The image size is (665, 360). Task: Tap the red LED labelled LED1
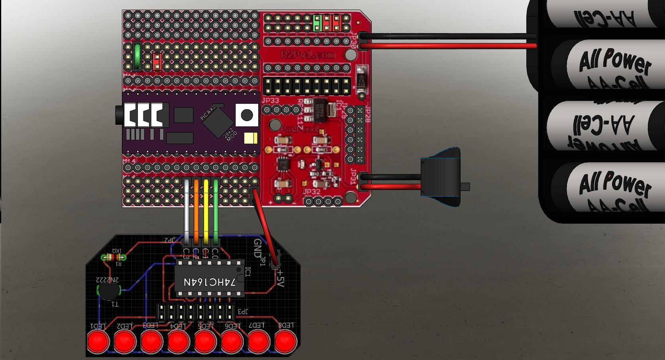[98, 342]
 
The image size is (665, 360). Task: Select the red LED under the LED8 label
[286, 342]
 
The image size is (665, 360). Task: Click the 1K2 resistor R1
[113, 257]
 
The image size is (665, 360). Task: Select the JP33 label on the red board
[271, 101]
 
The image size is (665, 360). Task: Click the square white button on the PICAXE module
[247, 115]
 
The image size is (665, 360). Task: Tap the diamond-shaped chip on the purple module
[217, 122]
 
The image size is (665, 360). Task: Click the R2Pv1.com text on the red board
[308, 55]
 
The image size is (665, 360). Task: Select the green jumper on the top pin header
[318, 23]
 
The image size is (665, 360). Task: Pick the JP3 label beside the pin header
[242, 311]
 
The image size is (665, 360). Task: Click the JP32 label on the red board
[312, 191]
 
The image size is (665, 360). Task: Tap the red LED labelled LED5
[205, 342]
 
